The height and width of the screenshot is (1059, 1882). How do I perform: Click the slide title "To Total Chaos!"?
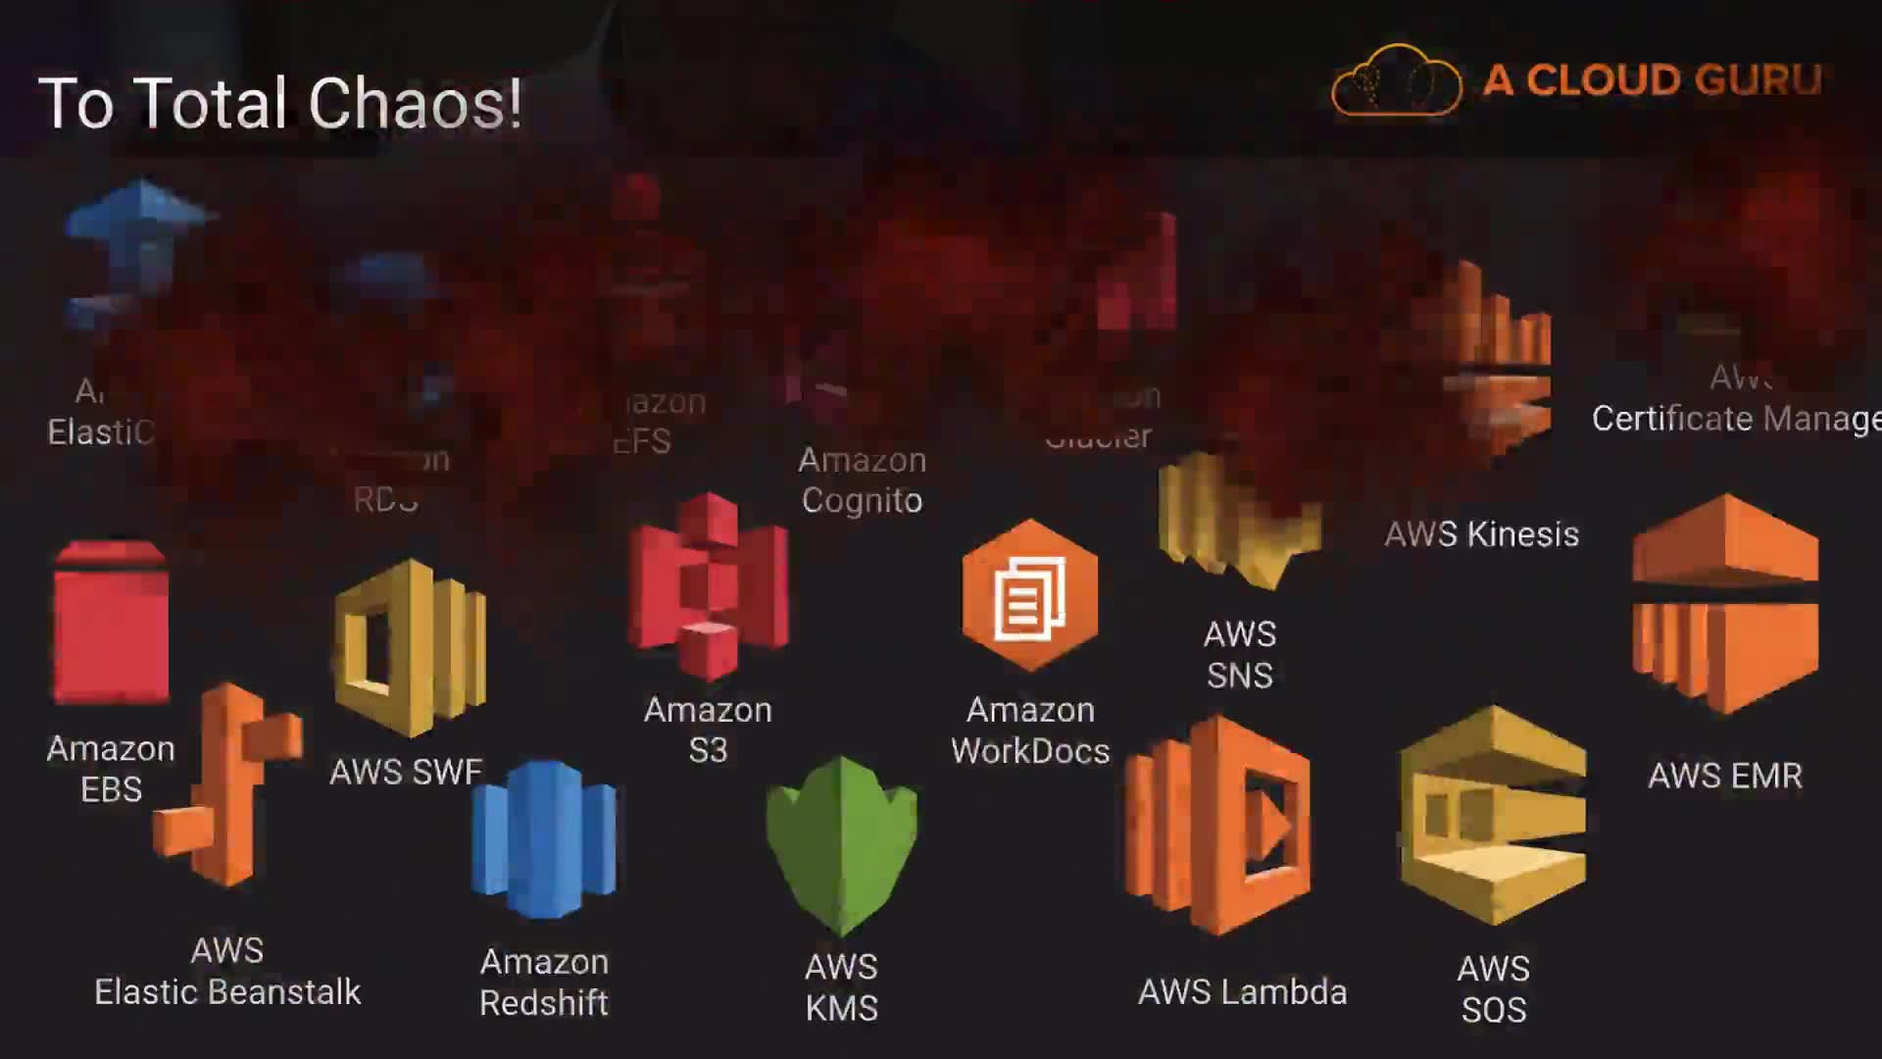click(x=280, y=103)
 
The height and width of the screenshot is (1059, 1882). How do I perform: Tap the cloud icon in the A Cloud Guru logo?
click(x=1396, y=81)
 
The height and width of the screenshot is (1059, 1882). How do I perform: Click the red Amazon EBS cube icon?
click(x=111, y=623)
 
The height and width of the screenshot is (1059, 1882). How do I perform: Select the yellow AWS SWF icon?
click(x=410, y=648)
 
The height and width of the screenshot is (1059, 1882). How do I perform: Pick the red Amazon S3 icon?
click(x=708, y=587)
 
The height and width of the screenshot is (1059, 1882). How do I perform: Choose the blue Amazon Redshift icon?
click(x=544, y=839)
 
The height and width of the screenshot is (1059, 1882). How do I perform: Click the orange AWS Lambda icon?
click(x=1218, y=826)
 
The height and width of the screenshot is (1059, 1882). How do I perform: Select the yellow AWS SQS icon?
click(x=1492, y=816)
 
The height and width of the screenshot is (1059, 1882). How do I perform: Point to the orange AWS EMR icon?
click(x=1725, y=603)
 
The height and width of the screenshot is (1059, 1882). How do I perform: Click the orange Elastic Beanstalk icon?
click(x=228, y=784)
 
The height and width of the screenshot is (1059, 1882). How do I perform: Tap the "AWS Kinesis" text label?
click(x=1481, y=534)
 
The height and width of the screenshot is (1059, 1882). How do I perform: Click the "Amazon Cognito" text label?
click(x=862, y=480)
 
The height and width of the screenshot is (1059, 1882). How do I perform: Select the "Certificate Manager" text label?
click(x=1736, y=419)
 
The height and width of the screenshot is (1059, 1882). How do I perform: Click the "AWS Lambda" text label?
click(x=1242, y=992)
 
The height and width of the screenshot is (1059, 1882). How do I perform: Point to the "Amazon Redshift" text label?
click(x=544, y=983)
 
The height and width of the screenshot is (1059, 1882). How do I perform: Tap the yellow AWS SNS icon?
click(x=1239, y=520)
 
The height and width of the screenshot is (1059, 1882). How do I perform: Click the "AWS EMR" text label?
click(x=1724, y=776)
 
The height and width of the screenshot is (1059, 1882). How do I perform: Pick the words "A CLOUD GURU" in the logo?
click(x=1652, y=80)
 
